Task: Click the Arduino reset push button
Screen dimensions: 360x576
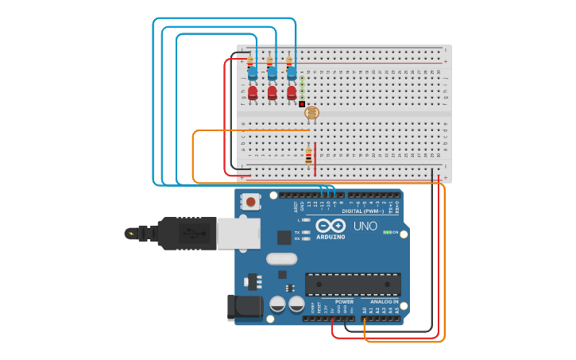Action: click(x=251, y=202)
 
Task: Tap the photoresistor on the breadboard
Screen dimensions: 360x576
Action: click(x=311, y=113)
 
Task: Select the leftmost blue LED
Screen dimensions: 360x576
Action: click(x=253, y=73)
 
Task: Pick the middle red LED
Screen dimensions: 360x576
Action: click(x=273, y=93)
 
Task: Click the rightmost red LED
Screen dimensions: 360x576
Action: click(x=292, y=93)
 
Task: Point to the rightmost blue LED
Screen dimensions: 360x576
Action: click(x=292, y=73)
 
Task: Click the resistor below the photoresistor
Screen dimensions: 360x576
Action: click(x=308, y=157)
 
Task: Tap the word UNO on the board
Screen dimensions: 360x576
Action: click(x=365, y=226)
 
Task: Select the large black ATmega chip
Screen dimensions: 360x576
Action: click(x=353, y=284)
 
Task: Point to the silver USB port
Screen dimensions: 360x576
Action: click(x=238, y=232)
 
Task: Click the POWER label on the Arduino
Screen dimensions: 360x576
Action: click(x=344, y=302)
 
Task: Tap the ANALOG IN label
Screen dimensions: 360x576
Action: click(x=385, y=302)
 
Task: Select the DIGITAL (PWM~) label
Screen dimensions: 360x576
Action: click(x=362, y=211)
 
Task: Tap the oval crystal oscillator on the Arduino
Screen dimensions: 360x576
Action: click(x=281, y=258)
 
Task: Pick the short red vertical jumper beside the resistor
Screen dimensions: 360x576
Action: click(x=315, y=159)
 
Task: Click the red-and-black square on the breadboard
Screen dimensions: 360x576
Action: click(x=302, y=104)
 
